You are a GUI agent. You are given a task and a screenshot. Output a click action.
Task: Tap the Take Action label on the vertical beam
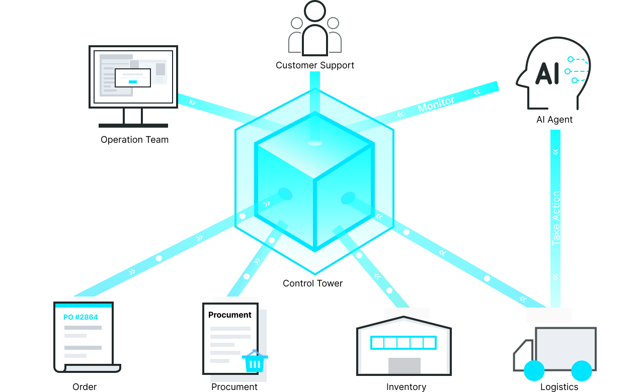[x=555, y=218]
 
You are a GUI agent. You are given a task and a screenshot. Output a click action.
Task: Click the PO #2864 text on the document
[x=80, y=317]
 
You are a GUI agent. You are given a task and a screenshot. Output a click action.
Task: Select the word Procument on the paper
[x=229, y=315]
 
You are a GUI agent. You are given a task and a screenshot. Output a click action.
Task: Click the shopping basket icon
[x=255, y=361]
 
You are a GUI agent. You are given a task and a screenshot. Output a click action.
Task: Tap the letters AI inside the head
[x=546, y=73]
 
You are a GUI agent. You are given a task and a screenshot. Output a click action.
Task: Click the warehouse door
[x=404, y=365]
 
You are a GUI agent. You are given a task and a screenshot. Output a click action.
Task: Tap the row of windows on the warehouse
[x=403, y=343]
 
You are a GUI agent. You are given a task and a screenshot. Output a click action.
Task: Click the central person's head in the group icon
[x=315, y=11]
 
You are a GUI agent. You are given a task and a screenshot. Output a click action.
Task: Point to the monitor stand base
[x=133, y=125]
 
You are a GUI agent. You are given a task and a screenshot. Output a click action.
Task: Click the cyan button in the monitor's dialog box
[x=133, y=81]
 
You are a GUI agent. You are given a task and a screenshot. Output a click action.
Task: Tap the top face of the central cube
[x=314, y=146]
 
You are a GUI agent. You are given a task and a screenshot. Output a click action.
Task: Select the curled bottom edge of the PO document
[x=91, y=368]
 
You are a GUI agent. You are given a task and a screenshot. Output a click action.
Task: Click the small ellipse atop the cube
[x=315, y=143]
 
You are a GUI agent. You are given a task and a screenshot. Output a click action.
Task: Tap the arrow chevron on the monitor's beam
[x=192, y=102]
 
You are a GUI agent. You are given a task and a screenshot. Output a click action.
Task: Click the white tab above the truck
[x=548, y=315]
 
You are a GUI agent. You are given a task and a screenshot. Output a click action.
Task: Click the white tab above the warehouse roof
[x=407, y=313]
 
